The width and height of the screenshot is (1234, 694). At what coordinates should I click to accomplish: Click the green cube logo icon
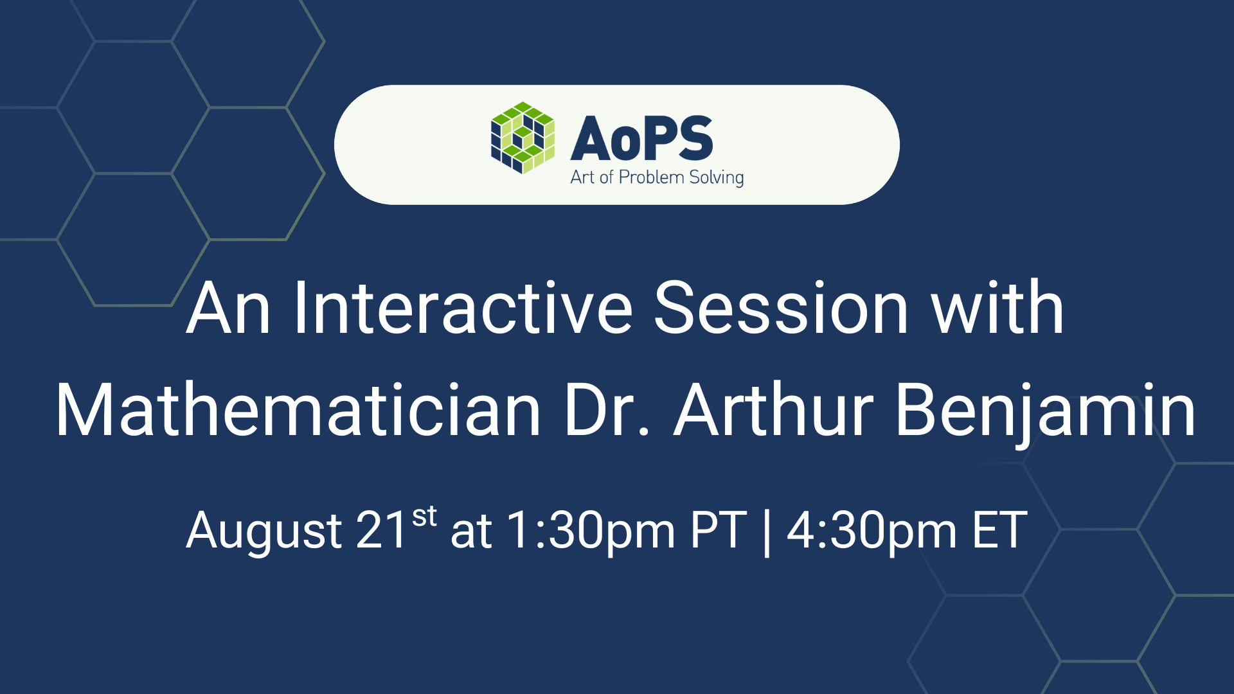523,138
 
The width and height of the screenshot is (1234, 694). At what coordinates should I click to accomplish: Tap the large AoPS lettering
641,139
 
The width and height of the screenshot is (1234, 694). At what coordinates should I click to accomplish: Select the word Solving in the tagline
716,178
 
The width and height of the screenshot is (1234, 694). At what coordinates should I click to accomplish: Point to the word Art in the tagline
582,177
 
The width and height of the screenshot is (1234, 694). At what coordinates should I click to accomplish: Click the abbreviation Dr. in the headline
607,410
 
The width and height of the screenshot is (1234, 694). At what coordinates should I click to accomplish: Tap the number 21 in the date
382,530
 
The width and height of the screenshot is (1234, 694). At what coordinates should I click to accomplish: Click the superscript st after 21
424,516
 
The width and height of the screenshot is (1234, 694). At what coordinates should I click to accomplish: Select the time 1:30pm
591,531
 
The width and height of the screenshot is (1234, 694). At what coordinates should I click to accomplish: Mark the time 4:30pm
872,531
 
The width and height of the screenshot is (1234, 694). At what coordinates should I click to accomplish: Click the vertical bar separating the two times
766,532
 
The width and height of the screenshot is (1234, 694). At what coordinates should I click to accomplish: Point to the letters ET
999,531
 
